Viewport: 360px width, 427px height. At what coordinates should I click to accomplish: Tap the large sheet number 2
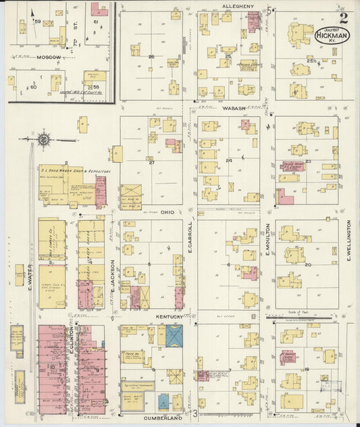point(344,18)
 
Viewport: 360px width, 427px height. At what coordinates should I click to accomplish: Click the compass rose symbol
point(43,140)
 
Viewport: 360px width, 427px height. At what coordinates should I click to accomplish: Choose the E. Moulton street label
point(268,240)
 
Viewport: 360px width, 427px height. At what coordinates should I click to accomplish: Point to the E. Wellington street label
point(349,241)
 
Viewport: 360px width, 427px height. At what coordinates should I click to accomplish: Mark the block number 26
point(151,56)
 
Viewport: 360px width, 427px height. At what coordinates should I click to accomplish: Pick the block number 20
point(307,265)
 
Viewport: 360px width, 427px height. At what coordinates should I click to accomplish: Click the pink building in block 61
point(99,9)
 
